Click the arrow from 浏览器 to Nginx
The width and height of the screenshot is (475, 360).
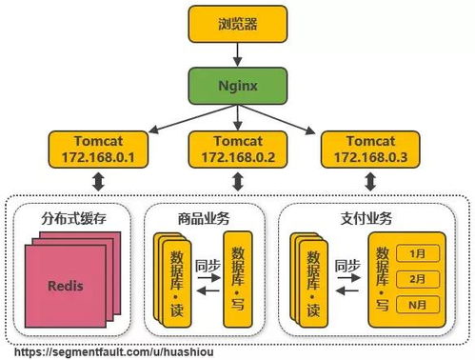(237, 53)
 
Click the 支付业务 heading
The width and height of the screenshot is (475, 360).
(366, 218)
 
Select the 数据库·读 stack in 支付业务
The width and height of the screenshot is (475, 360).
(310, 278)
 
